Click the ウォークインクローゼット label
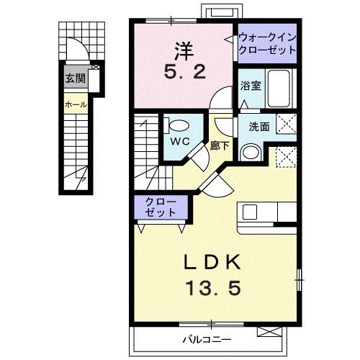tap(266, 45)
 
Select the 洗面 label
tap(259, 126)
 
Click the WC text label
tap(180, 141)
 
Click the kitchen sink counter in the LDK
tap(268, 212)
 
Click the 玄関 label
tap(74, 78)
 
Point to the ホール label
tap(76, 104)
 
